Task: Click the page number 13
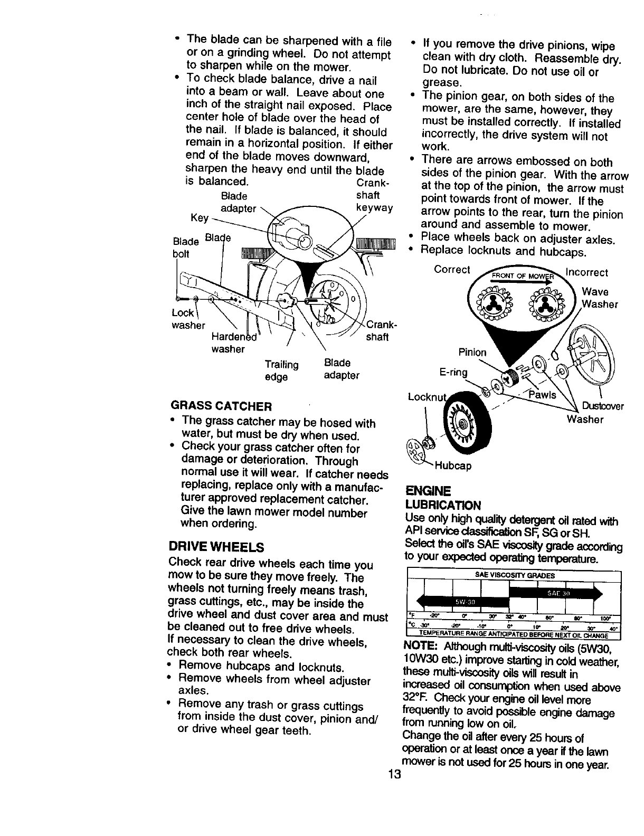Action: click(x=394, y=775)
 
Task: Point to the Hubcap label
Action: click(x=453, y=466)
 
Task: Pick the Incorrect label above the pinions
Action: click(x=586, y=273)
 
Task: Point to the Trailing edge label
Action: click(x=281, y=370)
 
